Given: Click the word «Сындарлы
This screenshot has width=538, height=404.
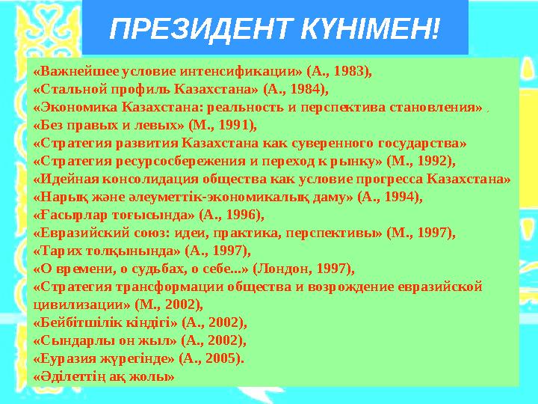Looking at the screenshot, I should pos(67,340).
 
